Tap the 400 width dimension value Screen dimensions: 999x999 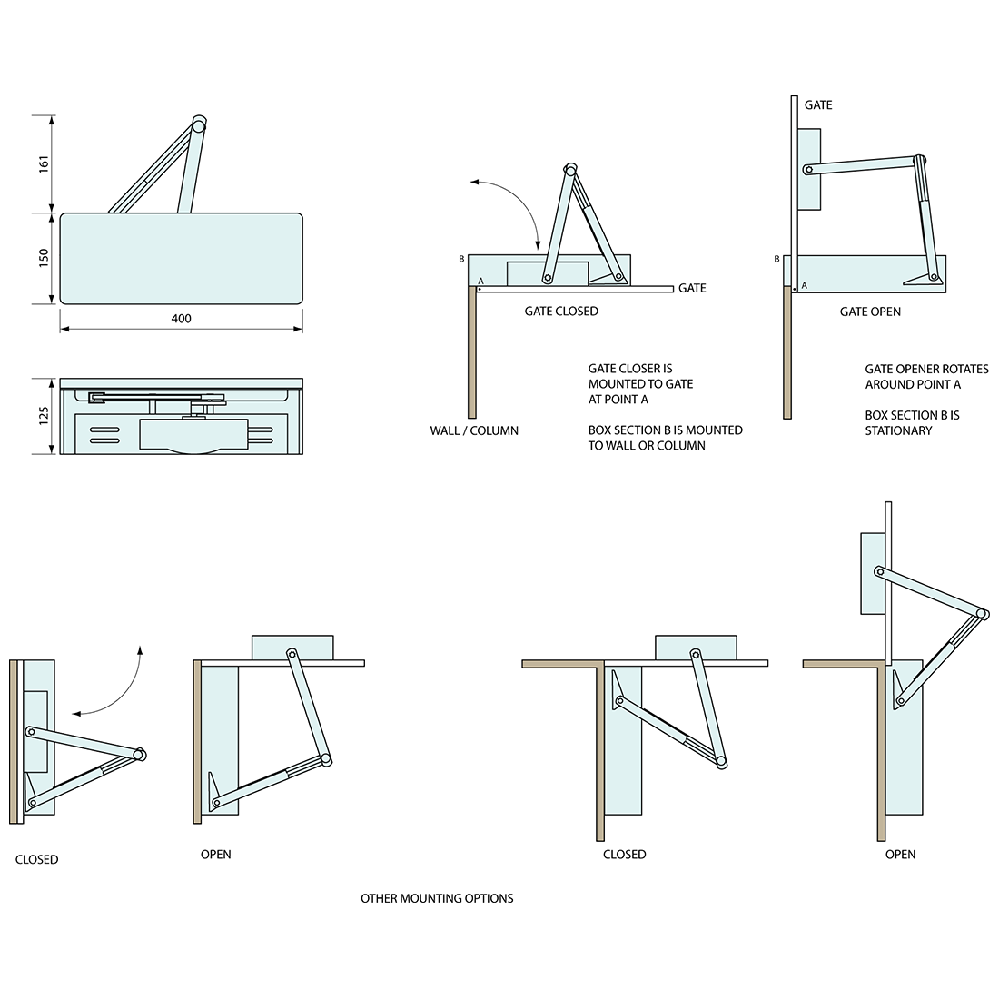pos(181,319)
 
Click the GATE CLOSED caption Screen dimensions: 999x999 pos(561,311)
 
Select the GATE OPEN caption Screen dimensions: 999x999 pos(870,312)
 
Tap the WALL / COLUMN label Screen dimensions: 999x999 pos(474,430)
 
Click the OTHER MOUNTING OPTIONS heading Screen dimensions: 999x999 pos(437,898)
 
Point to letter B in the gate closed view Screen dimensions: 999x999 pos(461,260)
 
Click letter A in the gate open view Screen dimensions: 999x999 pos(805,285)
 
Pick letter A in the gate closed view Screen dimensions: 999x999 pos(480,282)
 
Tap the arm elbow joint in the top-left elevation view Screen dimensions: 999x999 pos(199,124)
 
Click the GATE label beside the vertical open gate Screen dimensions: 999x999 pos(817,105)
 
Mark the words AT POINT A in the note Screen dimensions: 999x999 pos(618,400)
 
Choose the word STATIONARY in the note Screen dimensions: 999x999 pos(898,430)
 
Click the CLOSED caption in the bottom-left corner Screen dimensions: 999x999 pos(36,859)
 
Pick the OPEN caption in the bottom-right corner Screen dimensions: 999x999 pos(900,854)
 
